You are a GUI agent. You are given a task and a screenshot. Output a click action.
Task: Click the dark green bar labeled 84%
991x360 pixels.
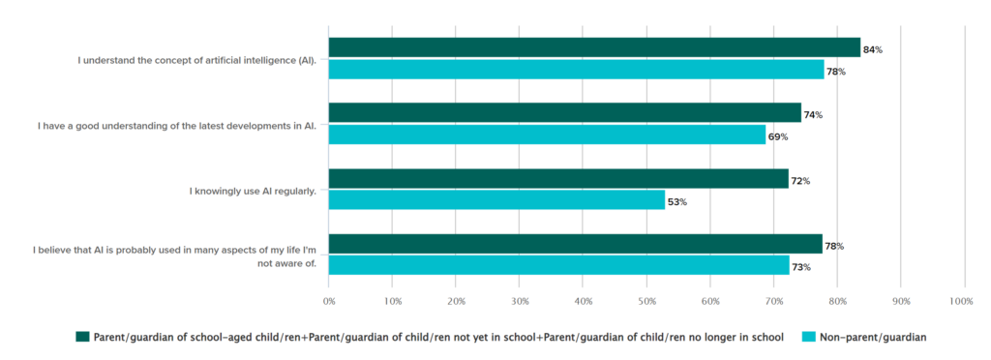pos(594,47)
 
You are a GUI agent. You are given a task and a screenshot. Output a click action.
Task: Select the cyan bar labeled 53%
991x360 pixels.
pos(496,200)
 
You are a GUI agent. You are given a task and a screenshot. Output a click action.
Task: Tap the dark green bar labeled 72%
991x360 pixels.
pos(558,179)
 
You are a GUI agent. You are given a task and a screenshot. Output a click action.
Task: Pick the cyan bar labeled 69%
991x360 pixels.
pos(547,135)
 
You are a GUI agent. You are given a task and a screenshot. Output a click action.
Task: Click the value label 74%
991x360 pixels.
pos(813,115)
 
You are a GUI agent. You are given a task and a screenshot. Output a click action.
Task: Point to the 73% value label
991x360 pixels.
pos(800,267)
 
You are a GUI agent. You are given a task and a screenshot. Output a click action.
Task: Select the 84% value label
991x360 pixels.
pos(872,49)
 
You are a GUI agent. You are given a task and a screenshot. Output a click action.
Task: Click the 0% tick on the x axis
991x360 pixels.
pos(329,302)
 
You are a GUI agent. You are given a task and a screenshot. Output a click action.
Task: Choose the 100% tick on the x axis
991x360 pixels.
pos(962,302)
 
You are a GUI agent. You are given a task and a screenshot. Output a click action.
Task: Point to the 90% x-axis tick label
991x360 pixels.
pos(900,302)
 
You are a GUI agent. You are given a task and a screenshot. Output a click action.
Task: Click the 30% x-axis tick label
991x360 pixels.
pos(519,302)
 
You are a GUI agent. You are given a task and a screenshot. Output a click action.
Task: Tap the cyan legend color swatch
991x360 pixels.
pos(807,337)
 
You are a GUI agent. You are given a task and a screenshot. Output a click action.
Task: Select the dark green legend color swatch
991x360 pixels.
pos(82,337)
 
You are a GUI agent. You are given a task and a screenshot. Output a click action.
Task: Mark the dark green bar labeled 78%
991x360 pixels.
pos(575,244)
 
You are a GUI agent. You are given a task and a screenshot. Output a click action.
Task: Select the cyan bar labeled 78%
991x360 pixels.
pos(576,70)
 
